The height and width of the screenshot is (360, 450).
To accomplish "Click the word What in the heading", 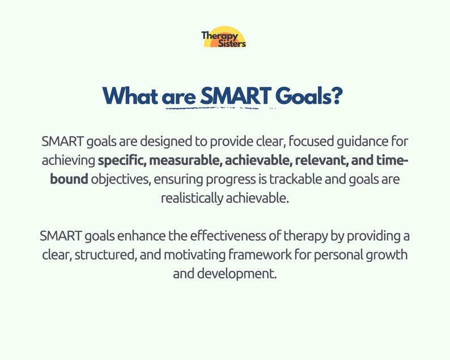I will pyautogui.click(x=130, y=96).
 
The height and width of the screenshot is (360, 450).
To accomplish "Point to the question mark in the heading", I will pyautogui.click(x=337, y=96).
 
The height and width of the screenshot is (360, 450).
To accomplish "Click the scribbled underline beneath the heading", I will pyautogui.click(x=221, y=107).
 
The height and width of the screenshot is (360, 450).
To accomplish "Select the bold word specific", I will pyautogui.click(x=121, y=160).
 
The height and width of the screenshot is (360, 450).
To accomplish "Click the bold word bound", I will pyautogui.click(x=69, y=180).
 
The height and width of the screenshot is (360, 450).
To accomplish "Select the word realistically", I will pyautogui.click(x=192, y=199).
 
